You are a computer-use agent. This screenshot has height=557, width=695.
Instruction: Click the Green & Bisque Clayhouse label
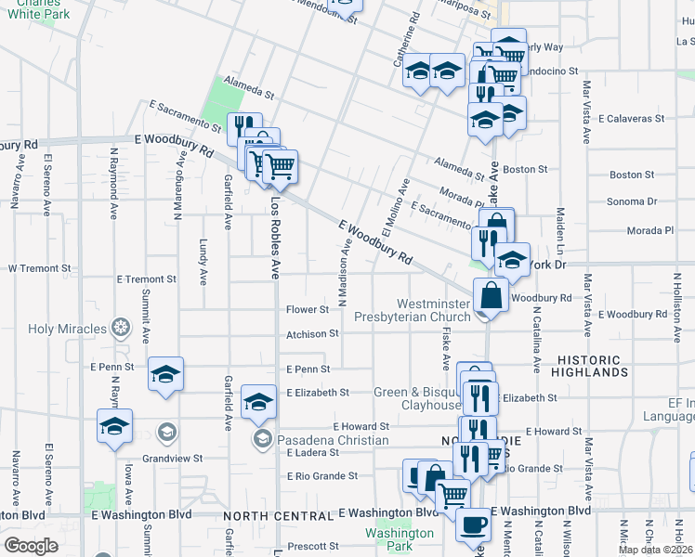point(417,398)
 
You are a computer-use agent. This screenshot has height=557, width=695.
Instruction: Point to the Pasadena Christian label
point(319,439)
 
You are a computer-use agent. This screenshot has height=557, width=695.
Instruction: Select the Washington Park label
point(400,539)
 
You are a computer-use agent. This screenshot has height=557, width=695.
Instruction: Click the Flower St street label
point(308,309)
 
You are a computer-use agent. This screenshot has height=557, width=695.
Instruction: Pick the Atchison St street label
point(312,333)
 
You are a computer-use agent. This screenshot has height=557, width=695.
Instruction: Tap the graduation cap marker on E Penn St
point(165,374)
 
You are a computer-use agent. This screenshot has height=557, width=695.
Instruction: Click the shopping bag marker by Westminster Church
point(490,296)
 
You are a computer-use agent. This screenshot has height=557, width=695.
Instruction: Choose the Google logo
point(30,546)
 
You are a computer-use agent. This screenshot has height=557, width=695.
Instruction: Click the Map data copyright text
point(656,550)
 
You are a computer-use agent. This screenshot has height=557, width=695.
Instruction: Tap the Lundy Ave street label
point(203,262)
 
